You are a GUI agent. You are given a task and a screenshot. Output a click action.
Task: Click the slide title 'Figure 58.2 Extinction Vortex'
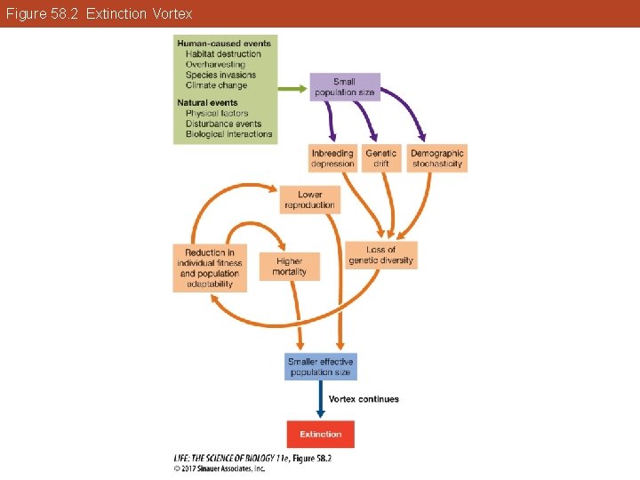(x=97, y=14)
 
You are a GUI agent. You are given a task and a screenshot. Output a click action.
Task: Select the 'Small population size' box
(x=345, y=87)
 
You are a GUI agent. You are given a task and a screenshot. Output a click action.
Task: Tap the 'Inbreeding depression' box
(x=332, y=158)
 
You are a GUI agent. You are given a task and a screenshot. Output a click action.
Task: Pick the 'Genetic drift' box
(x=381, y=158)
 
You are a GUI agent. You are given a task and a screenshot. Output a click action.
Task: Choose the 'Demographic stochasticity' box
(x=437, y=158)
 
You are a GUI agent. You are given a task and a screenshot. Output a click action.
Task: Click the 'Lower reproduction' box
(x=309, y=200)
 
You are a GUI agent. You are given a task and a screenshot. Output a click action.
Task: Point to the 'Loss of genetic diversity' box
(x=380, y=255)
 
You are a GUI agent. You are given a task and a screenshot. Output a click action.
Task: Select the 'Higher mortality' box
(x=289, y=267)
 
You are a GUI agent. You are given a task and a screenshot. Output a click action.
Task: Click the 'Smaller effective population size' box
(x=321, y=366)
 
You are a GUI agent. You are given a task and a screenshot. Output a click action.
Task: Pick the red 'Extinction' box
(x=320, y=434)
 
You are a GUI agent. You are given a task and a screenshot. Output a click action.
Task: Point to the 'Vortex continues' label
(x=364, y=399)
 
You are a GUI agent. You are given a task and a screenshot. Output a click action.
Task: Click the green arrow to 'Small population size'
(x=292, y=88)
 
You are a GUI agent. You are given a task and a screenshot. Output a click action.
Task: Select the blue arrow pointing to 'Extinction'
(x=320, y=400)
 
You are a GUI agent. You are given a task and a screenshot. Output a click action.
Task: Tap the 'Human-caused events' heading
(x=224, y=44)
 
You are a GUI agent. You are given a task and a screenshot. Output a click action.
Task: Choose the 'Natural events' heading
(x=207, y=103)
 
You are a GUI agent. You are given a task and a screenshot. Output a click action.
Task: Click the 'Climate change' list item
(x=216, y=85)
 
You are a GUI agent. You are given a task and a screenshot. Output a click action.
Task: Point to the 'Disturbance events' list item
(x=223, y=124)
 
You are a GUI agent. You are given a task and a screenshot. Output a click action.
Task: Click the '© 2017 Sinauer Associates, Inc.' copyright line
(x=219, y=468)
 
